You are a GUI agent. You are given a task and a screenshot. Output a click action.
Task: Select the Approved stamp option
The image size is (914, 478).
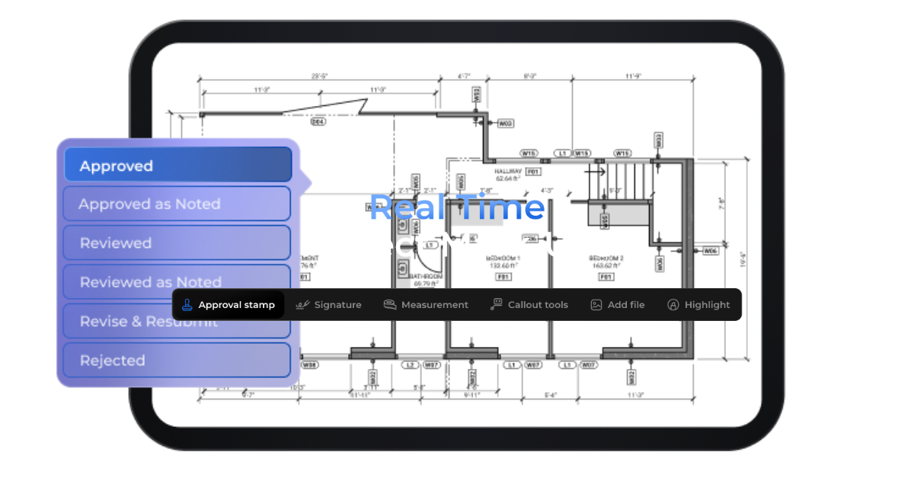click(177, 165)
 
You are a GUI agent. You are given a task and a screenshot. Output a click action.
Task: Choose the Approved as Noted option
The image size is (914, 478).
click(176, 204)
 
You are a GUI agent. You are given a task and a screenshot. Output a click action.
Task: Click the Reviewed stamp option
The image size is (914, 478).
click(176, 243)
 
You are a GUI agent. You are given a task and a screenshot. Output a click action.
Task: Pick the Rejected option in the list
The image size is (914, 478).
click(176, 361)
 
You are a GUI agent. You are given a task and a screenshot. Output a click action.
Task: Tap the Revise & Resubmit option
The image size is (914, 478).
click(176, 322)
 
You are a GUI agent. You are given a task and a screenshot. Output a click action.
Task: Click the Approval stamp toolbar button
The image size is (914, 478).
click(228, 305)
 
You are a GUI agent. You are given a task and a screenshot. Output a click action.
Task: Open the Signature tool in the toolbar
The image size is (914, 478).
click(328, 305)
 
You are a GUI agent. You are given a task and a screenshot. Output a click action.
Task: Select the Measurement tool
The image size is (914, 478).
click(426, 305)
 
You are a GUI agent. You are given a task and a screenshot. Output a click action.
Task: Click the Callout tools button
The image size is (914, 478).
click(529, 305)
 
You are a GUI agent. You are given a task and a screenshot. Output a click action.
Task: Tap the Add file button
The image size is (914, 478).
click(618, 305)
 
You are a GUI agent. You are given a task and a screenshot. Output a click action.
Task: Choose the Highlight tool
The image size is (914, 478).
click(698, 305)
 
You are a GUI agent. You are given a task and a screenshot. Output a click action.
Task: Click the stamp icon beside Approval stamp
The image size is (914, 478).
click(187, 305)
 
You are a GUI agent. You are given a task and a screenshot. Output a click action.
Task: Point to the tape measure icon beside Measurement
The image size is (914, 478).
click(390, 305)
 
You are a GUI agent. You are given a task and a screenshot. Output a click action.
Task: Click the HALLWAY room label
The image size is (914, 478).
click(508, 172)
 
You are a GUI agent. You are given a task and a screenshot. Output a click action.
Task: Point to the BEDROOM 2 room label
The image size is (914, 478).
click(606, 259)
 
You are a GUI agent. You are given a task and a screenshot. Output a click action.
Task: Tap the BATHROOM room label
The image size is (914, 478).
click(425, 276)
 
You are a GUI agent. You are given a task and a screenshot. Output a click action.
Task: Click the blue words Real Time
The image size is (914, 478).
click(457, 207)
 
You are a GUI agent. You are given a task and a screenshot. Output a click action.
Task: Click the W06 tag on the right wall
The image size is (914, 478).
click(710, 250)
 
